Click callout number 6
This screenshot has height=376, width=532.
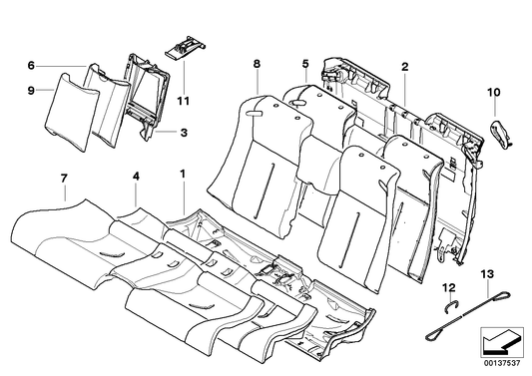point(31,66)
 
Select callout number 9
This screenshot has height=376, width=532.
point(31,91)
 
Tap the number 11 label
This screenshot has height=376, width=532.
point(184,101)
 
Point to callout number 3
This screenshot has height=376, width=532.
point(184,133)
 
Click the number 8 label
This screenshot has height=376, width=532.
point(257,64)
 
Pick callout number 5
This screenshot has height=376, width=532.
point(305,64)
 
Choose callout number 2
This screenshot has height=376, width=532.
point(405,67)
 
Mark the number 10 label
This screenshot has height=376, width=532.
point(494,92)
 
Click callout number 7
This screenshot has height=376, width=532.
point(64,179)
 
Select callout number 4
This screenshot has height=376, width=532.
point(136,177)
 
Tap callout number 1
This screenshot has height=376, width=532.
point(183,175)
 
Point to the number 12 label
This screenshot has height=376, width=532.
point(449,288)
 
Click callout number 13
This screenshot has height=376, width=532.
point(487,274)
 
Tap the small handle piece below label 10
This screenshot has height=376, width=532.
point(501,135)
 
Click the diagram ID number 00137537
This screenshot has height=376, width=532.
point(502,364)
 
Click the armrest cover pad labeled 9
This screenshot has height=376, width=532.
point(71,113)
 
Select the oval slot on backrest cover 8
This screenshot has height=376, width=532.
point(255,115)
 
